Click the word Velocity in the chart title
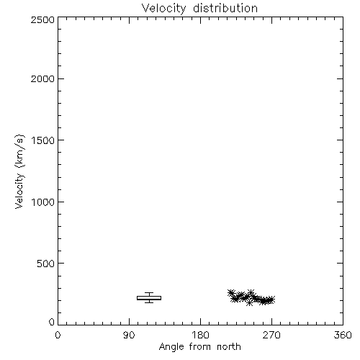point(163,9)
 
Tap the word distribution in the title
point(225,8)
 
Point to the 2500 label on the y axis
point(42,19)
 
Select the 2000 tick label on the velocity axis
point(42,78)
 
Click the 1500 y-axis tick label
point(43,140)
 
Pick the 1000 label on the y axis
point(43,202)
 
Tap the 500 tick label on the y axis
point(46,264)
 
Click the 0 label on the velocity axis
point(52,322)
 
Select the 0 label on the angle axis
point(58,335)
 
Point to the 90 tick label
point(129,335)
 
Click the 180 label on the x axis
point(200,335)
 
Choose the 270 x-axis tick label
point(271,335)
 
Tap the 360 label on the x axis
point(343,335)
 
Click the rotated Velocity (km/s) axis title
point(19,171)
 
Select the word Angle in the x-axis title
point(171,347)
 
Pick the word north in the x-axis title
point(229,347)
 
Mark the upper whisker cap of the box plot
point(149,293)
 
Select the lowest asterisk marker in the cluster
point(250,303)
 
